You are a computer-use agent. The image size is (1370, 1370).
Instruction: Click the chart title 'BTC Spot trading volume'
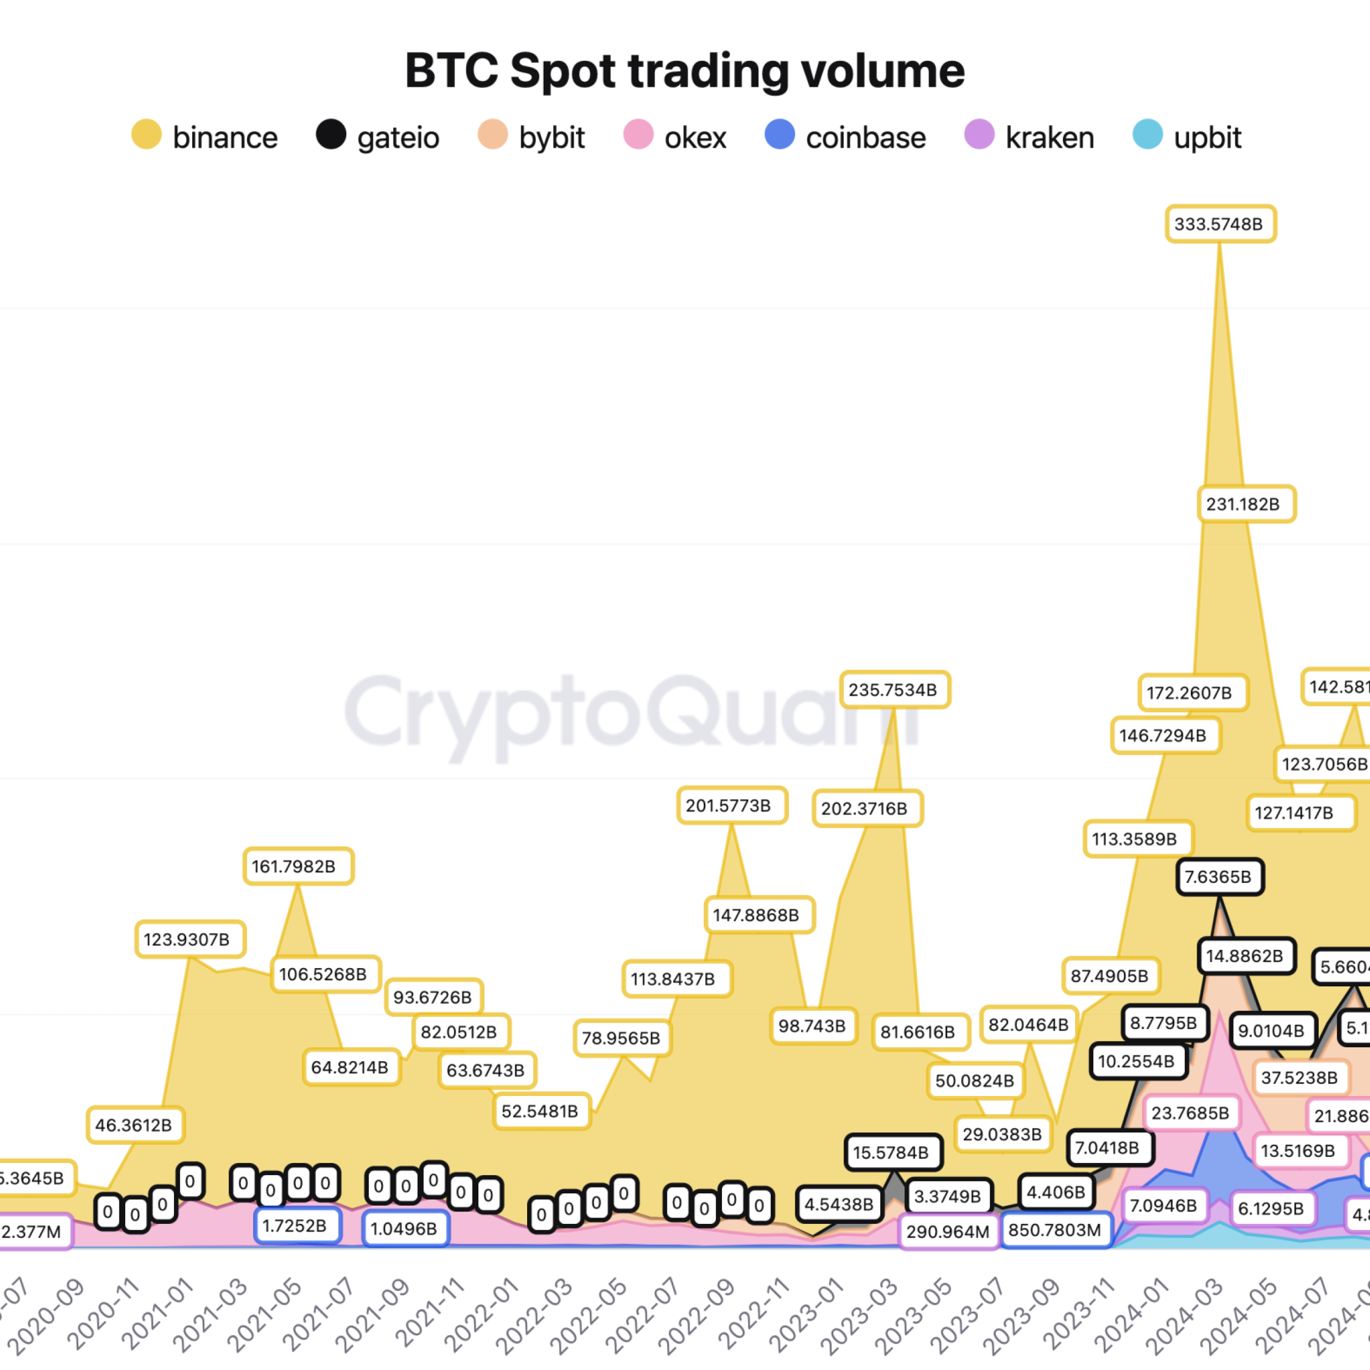coord(684,71)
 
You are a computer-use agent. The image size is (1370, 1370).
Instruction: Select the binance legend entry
coord(205,137)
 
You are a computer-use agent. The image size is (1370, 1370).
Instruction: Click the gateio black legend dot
coord(330,135)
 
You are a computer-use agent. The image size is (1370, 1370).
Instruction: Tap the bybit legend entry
coord(532,137)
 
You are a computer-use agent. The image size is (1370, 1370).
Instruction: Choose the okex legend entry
coord(675,137)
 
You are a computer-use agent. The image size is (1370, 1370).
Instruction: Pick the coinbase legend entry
coord(845,137)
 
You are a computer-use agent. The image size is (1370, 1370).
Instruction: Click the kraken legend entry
coord(1030,137)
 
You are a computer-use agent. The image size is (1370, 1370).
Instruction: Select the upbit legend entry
coord(1187,137)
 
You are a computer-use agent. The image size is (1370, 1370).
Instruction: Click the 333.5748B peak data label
coord(1220,224)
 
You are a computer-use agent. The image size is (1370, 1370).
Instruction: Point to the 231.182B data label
coord(1246,504)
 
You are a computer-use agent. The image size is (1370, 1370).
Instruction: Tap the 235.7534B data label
coord(894,690)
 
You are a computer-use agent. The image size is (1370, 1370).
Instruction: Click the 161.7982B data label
coord(298,866)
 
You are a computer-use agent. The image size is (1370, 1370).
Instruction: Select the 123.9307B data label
coord(190,940)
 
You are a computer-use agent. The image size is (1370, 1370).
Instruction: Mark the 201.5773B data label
coord(731,805)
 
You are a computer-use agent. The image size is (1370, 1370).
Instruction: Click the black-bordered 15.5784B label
coord(893,1152)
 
